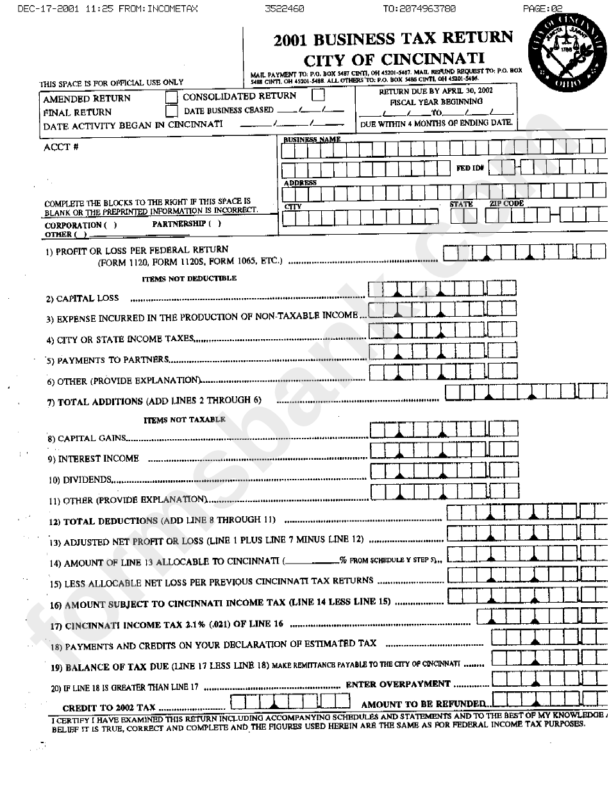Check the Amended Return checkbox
click(171, 97)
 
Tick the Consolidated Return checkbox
click(318, 96)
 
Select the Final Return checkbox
click(171, 111)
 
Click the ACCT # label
click(56, 147)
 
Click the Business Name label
click(312, 139)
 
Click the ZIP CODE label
click(506, 204)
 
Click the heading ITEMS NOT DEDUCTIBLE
click(189, 278)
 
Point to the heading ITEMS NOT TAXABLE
click(185, 419)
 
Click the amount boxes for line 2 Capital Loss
click(442, 290)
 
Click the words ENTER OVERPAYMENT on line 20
click(398, 683)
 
